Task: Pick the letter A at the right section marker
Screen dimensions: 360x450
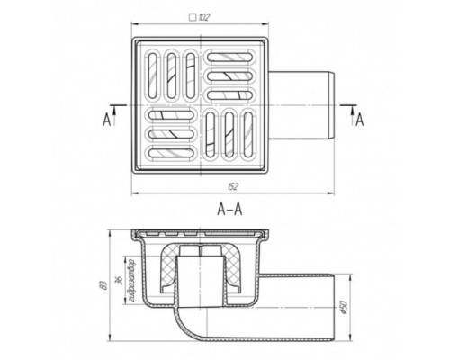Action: tap(359, 120)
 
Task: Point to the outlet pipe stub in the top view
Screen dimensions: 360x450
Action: tap(306, 109)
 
